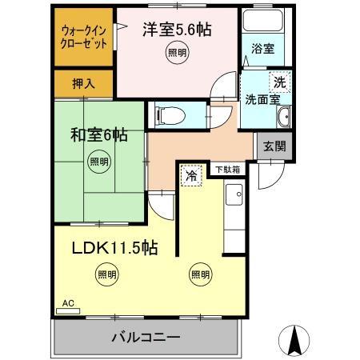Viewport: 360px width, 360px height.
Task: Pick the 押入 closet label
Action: click(83, 82)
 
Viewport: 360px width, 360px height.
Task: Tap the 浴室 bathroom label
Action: click(263, 48)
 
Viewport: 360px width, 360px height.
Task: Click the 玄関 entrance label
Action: click(274, 147)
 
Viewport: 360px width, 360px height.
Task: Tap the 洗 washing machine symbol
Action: click(279, 82)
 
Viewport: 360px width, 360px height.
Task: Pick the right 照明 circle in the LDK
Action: click(199, 274)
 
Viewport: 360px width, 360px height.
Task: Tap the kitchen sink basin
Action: click(233, 194)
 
